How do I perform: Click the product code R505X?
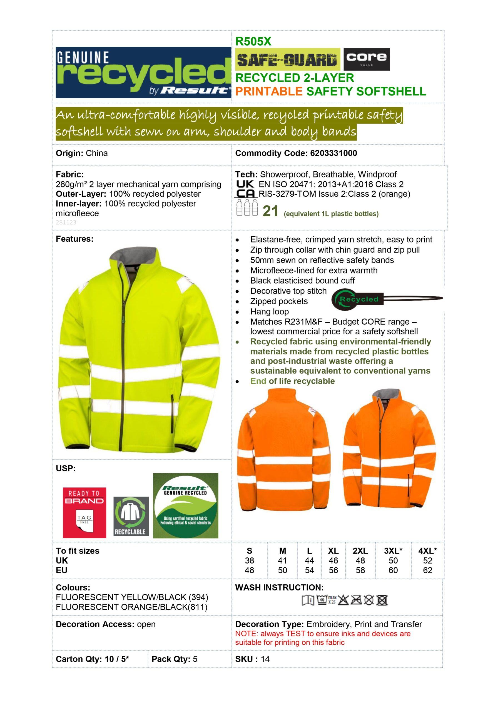pyautogui.click(x=253, y=41)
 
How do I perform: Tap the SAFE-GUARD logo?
pyautogui.click(x=287, y=59)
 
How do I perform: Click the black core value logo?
pyautogui.click(x=366, y=59)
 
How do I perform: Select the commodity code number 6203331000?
pyautogui.click(x=333, y=153)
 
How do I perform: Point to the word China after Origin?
pyautogui.click(x=97, y=153)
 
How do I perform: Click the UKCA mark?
pyautogui.click(x=245, y=189)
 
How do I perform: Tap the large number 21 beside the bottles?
pyautogui.click(x=270, y=212)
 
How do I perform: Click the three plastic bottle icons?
pyautogui.click(x=247, y=208)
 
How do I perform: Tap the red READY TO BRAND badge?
pyautogui.click(x=84, y=512)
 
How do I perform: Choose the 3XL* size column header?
pyautogui.click(x=393, y=551)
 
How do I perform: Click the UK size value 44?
pyautogui.click(x=309, y=560)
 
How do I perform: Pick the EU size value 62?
pyautogui.click(x=427, y=570)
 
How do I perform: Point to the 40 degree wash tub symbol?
pyautogui.click(x=322, y=600)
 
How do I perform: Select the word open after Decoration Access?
pyautogui.click(x=146, y=624)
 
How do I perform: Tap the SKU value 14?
pyautogui.click(x=265, y=659)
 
